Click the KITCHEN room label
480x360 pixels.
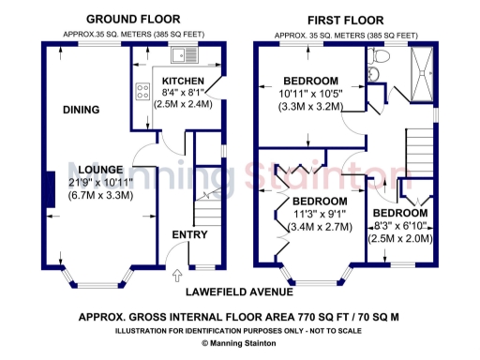[x=182, y=81]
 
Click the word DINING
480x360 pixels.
[x=81, y=111]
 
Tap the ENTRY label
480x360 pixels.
[x=187, y=233]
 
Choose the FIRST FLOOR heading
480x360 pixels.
[x=345, y=19]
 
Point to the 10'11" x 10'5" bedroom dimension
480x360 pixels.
[x=311, y=94]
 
